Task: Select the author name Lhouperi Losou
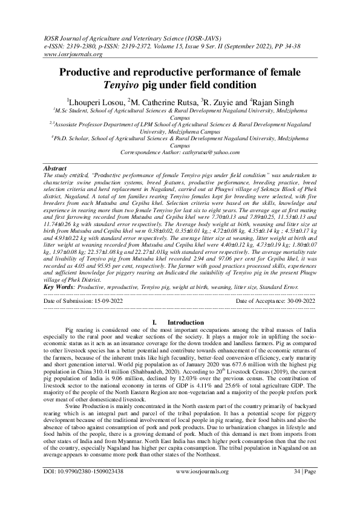[x=93, y=101]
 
